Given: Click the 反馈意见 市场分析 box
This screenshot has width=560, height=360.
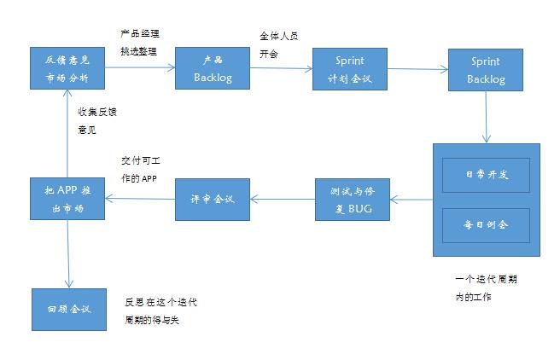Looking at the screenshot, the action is pos(67,68).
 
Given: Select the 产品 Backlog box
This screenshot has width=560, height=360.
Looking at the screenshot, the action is pos(213,68).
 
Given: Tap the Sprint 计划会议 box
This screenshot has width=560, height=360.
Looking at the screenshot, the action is pos(350,69).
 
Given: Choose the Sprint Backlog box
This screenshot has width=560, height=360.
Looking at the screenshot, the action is pos(486,70).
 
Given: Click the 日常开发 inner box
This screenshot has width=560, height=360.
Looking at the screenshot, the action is pos(486,175).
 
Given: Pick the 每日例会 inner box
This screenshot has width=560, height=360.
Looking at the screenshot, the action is pos(486,225).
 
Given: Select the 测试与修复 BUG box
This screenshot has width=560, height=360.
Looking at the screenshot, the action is pos(353,200).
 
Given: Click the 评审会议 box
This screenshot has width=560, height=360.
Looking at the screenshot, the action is pos(213,200).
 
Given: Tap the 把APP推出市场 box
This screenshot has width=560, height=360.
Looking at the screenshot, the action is pos(67,199).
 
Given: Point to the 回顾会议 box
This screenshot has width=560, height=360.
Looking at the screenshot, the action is pos(69,310).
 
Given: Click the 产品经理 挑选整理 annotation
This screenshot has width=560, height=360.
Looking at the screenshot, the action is pos(140,43).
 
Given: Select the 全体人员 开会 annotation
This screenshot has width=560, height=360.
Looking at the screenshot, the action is pos(278,45).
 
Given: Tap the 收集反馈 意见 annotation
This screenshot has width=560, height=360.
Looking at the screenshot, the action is pos(97,121).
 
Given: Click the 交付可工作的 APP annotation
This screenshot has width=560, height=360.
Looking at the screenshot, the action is pos(141,170).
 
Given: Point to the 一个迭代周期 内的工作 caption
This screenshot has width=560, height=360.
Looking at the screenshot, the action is pos(487,288).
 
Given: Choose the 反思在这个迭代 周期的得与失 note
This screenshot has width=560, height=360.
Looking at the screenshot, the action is pos(160,311).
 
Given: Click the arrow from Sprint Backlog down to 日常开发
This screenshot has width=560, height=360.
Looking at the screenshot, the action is pos(486,117).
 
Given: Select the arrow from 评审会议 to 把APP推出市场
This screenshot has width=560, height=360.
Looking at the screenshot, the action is pos(140,199).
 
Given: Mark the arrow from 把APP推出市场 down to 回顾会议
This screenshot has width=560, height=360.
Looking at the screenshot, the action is pos(68,253).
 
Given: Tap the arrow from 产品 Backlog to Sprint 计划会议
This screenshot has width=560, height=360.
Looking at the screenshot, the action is pos(282,68).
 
